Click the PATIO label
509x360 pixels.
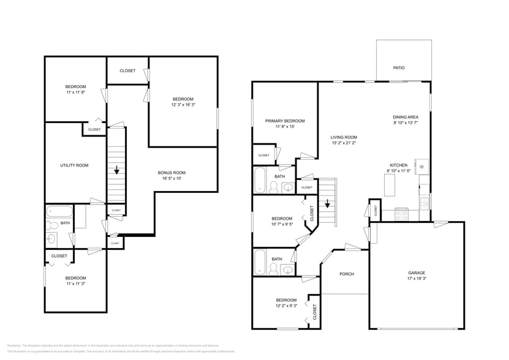399,68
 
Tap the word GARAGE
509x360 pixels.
417,273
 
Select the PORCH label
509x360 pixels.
347,274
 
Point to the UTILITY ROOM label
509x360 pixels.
74,165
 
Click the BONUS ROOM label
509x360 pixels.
172,173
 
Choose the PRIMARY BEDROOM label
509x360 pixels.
285,121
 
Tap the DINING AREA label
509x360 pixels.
405,116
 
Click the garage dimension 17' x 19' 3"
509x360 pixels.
417,279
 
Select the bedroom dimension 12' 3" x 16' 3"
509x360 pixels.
183,105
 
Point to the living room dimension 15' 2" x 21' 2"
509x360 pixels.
344,143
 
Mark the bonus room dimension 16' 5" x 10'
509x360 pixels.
172,179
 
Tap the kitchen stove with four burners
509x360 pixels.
403,214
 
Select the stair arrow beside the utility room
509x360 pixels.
116,171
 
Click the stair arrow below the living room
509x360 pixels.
328,204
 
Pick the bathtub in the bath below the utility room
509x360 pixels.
60,214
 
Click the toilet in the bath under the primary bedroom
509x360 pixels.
273,188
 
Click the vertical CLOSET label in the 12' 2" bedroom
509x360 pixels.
315,311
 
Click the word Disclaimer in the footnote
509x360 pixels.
15,345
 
